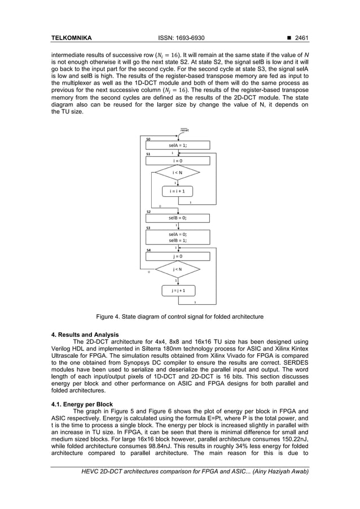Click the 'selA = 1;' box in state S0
pos(178,145)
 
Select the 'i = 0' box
pos(178,161)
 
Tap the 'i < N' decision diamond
pos(178,173)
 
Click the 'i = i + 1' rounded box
pos(178,191)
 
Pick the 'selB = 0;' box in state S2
pos(178,217)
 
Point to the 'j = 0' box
pos(178,256)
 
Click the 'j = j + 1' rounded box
pos(178,291)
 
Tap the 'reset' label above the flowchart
pos(184,130)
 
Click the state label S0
pos(148,139)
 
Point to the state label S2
pos(148,212)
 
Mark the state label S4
pos(148,249)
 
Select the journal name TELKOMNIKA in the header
pos(71,38)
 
